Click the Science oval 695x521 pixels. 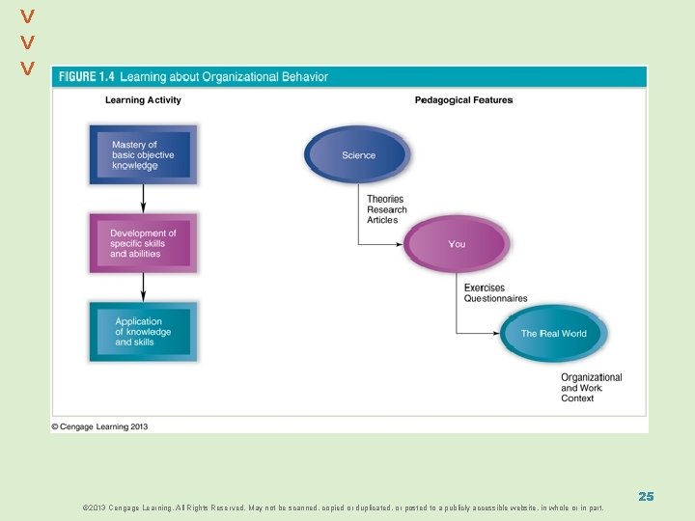click(x=358, y=155)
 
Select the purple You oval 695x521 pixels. click(x=457, y=244)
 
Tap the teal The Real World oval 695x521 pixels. click(x=554, y=334)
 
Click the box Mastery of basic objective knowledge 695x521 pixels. click(x=142, y=155)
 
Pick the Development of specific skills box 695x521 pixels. click(x=143, y=243)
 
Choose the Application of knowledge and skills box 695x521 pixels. click(x=143, y=332)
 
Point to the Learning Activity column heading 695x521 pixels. click(x=143, y=100)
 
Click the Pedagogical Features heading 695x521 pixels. click(x=463, y=100)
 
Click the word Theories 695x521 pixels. click(x=385, y=200)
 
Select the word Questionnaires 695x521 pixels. click(x=495, y=299)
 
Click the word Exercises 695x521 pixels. click(x=485, y=288)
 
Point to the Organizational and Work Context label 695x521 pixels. click(x=591, y=388)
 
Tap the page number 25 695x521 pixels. click(x=646, y=496)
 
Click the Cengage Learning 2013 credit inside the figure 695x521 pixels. click(x=100, y=425)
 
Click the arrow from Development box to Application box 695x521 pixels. click(x=143, y=286)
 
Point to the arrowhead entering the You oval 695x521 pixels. click(x=399, y=244)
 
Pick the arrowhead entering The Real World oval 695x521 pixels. click(x=497, y=334)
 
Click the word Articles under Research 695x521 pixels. click(x=382, y=220)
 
